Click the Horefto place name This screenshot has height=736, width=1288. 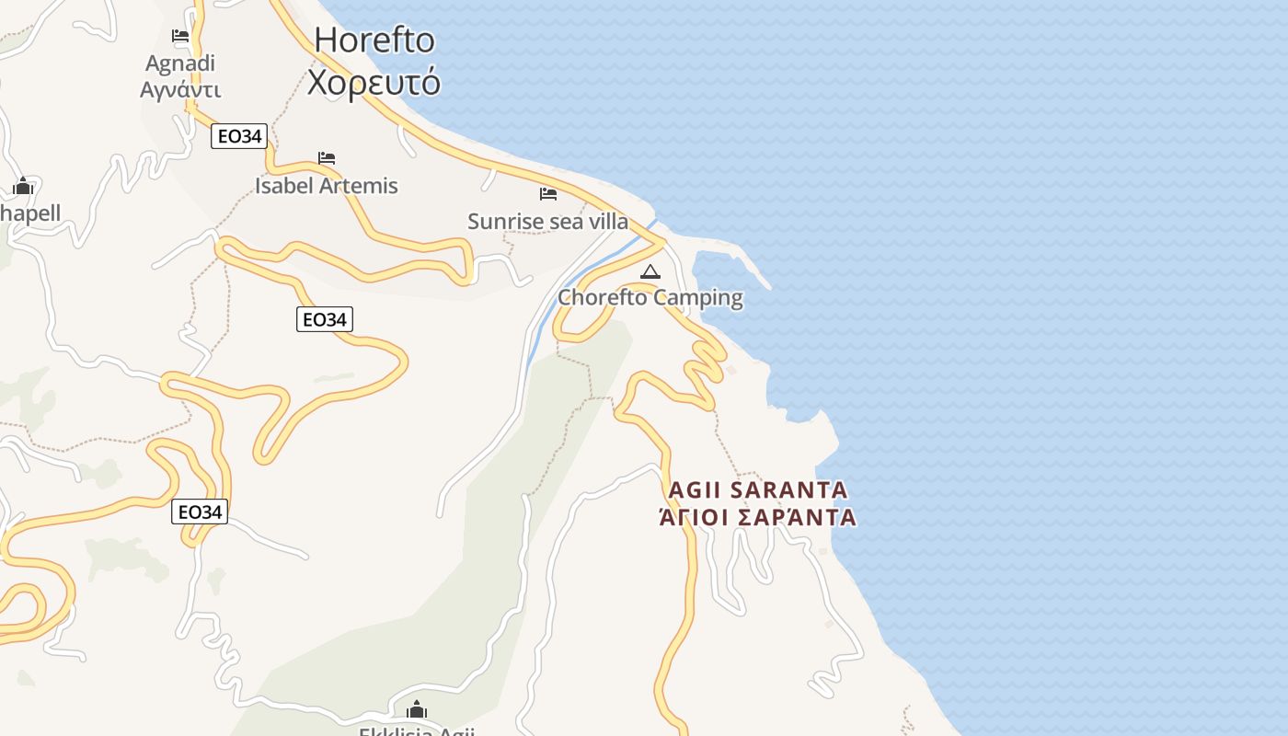click(x=374, y=40)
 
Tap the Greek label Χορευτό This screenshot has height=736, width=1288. click(x=374, y=83)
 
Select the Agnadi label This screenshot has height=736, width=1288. click(x=180, y=63)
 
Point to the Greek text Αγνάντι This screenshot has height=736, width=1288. click(x=180, y=89)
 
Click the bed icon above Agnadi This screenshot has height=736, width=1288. click(x=180, y=37)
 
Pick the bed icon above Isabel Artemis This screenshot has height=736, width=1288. click(x=327, y=158)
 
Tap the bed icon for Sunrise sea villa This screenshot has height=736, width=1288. click(x=548, y=194)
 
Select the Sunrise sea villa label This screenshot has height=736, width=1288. click(x=548, y=222)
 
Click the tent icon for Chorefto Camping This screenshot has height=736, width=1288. click(x=650, y=271)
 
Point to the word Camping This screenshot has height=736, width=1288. click(x=700, y=298)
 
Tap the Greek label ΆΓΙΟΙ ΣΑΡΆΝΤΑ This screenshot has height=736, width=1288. click(x=758, y=517)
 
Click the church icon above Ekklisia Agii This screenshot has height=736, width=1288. click(x=417, y=709)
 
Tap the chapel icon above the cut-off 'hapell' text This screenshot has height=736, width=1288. click(x=23, y=187)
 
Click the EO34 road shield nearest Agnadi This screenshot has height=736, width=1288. click(x=239, y=137)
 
